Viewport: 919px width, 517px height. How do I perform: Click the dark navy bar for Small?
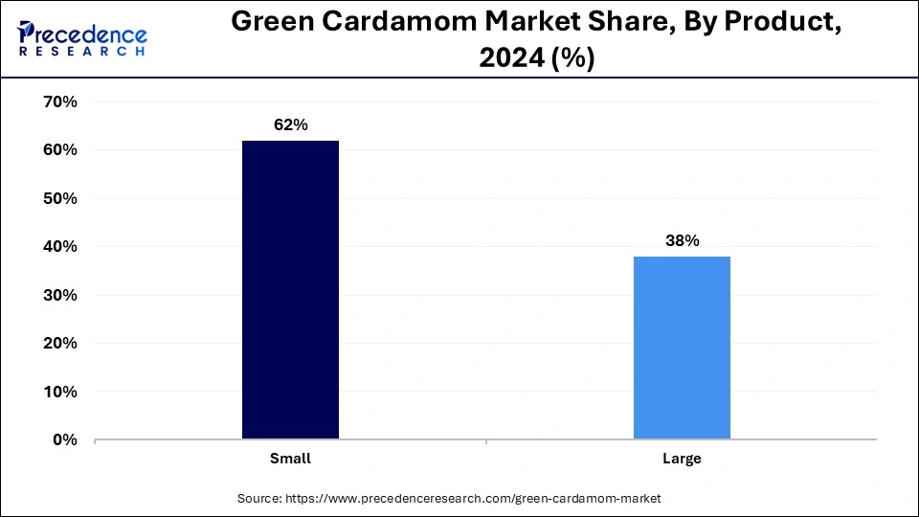pyautogui.click(x=290, y=290)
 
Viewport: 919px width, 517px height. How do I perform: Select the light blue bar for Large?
pyautogui.click(x=682, y=348)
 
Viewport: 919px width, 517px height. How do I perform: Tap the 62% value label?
pyautogui.click(x=290, y=125)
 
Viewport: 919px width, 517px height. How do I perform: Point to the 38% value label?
pyautogui.click(x=682, y=241)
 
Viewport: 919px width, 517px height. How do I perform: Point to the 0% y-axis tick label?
pyautogui.click(x=62, y=440)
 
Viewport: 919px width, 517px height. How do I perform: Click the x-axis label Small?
pyautogui.click(x=290, y=459)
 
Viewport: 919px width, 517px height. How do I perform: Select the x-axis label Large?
pyautogui.click(x=682, y=459)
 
